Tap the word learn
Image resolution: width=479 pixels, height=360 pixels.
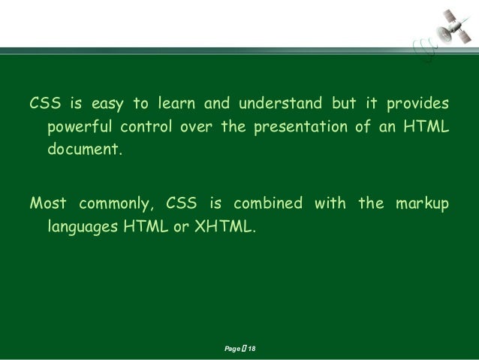pos(185,102)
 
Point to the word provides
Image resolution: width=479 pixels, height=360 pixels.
pos(419,103)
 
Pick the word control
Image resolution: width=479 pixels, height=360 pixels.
pos(146,126)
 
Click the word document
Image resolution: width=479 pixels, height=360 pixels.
pos(84,150)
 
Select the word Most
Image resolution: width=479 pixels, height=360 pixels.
pos(47,204)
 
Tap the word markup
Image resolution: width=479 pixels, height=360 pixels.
pos(423,204)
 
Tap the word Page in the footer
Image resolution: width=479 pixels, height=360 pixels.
pos(232,349)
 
